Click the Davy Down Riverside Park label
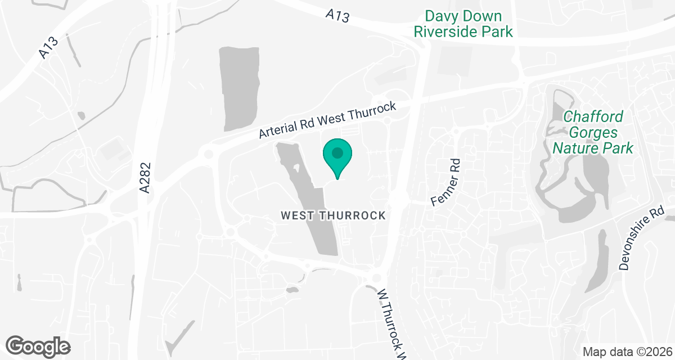pyautogui.click(x=463, y=24)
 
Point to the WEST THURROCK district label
pyautogui.click(x=334, y=215)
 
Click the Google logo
pyautogui.click(x=38, y=345)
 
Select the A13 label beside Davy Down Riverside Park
pyautogui.click(x=337, y=15)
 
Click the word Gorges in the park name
pyautogui.click(x=593, y=133)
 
